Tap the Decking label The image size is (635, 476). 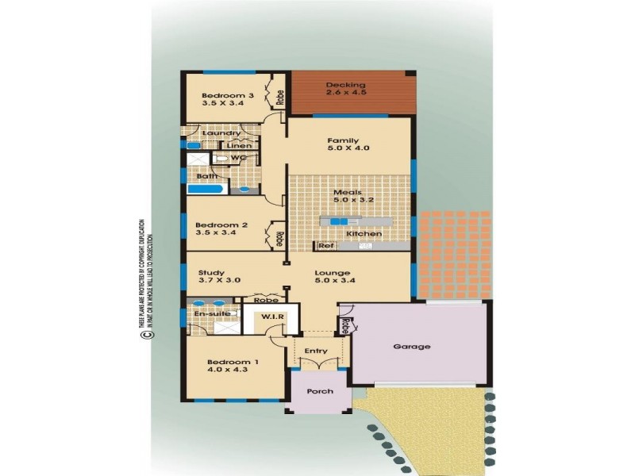345,85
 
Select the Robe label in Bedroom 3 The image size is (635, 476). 280,97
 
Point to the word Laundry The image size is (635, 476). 216,133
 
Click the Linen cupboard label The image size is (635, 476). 239,146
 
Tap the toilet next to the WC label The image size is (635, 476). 223,159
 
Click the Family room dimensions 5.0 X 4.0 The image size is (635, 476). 349,148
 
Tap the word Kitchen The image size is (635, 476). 364,234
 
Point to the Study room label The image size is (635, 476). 211,272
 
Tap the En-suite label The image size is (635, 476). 209,315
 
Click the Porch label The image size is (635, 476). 316,392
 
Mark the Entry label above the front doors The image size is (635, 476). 316,351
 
